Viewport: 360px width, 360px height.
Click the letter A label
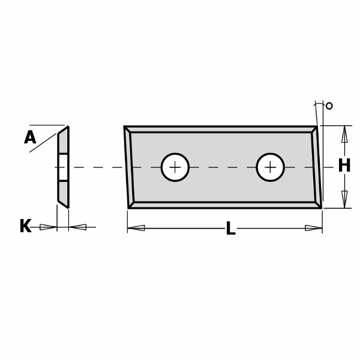click(30, 137)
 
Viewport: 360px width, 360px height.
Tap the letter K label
click(25, 226)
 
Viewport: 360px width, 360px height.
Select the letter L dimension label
click(231, 228)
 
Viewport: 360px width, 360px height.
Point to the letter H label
click(344, 166)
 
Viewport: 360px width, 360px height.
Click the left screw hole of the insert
click(175, 167)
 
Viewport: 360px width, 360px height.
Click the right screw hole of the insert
click(271, 167)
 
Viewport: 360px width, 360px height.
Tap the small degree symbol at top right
click(329, 106)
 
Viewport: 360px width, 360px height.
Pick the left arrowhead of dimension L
click(136, 228)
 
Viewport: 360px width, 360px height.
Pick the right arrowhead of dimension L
click(314, 228)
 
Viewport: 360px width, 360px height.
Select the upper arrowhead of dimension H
click(344, 134)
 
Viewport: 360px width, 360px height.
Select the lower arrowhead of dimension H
click(344, 200)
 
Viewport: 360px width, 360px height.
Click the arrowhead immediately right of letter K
click(48, 227)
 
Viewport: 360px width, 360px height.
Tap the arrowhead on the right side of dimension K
click(77, 227)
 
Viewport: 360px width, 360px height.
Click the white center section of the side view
click(64, 167)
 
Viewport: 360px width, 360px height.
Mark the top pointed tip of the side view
click(68, 126)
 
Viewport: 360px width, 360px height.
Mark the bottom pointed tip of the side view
click(68, 208)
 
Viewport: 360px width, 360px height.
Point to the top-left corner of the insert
click(124, 126)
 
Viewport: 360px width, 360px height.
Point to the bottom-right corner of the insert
click(322, 208)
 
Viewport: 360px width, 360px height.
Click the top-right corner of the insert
click(317, 126)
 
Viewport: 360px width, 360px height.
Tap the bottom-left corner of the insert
click(128, 208)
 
